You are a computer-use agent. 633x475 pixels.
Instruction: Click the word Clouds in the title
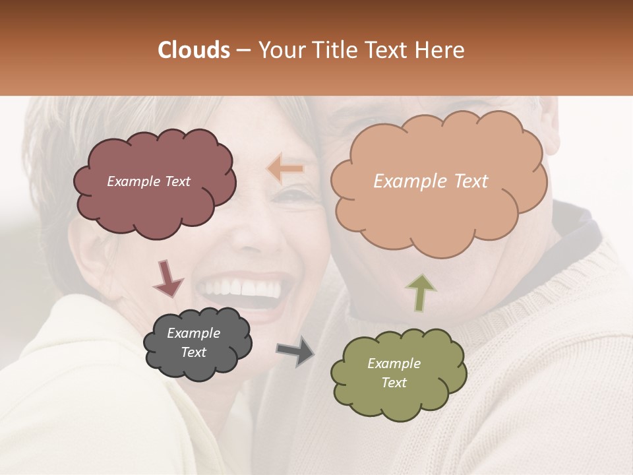tap(193, 50)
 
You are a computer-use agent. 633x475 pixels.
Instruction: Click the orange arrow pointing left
tap(286, 169)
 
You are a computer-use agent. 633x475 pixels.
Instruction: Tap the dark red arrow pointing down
tap(167, 278)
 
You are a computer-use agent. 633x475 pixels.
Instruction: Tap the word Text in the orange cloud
tap(467, 181)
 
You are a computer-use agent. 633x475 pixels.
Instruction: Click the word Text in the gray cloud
tap(193, 352)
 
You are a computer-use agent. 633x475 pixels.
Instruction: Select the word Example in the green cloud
tap(394, 364)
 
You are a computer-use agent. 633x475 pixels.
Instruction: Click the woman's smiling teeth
tap(241, 288)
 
